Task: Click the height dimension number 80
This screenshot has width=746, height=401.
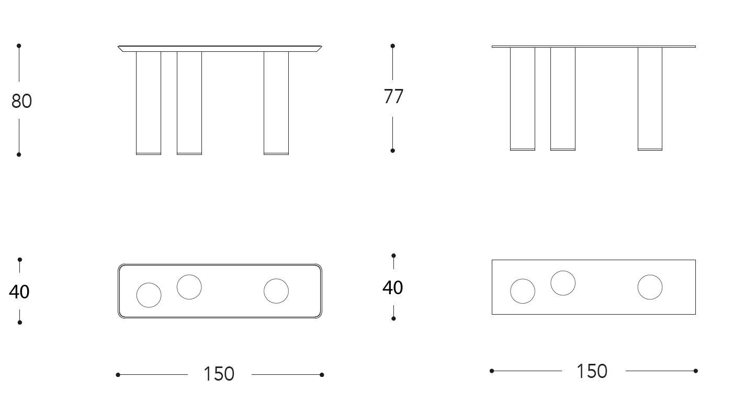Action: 21,101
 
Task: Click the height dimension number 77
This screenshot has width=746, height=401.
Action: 393,97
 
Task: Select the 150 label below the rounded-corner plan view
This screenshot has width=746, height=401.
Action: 219,374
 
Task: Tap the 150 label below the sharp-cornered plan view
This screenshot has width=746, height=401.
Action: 592,371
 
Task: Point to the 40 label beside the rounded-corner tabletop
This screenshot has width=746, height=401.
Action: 19,292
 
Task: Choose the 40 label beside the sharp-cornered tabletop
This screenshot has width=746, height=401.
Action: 393,287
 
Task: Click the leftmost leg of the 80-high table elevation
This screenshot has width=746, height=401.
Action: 149,103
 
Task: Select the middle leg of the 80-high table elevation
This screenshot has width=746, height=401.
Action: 189,103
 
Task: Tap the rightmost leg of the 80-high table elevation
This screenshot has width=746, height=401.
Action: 276,103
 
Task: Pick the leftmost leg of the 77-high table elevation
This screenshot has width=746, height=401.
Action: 523,98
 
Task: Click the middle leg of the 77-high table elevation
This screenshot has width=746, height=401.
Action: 563,98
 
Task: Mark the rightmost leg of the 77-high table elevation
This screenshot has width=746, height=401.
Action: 650,98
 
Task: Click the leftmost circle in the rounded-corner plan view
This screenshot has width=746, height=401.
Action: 149,295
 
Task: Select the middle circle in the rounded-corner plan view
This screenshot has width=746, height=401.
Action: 189,287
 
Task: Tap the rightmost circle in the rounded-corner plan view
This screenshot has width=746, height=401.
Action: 276,291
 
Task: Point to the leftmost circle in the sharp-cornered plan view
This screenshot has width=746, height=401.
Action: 523,291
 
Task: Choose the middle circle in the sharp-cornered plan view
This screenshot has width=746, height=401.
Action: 563,283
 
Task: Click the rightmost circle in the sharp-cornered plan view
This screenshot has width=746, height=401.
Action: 650,287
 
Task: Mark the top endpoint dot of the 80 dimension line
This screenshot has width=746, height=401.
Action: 19,46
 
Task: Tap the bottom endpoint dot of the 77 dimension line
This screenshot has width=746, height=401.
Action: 393,151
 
